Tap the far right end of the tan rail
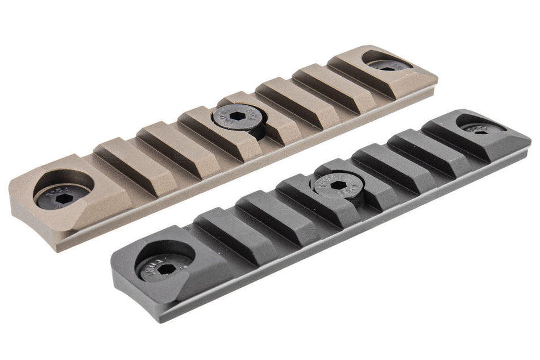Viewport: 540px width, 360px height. pyautogui.click(x=437, y=77)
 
